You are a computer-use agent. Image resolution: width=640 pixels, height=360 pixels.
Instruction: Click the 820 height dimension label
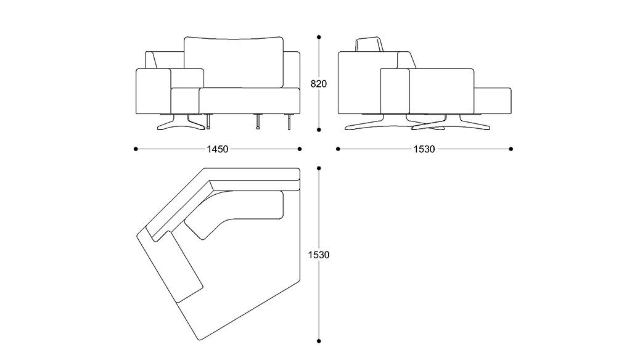[x=318, y=84]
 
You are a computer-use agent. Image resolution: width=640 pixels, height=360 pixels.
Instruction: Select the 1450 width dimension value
[x=218, y=149]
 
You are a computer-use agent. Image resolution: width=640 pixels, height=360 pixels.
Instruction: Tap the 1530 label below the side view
[x=424, y=149]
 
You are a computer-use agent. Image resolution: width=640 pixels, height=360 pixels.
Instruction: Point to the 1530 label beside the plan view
[x=318, y=254]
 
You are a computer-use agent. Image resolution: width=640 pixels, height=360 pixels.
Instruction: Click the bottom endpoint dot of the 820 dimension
[x=319, y=130]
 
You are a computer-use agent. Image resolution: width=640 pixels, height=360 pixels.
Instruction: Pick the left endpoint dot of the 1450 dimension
[x=136, y=149]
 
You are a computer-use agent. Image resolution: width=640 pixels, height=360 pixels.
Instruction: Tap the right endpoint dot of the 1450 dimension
[x=300, y=149]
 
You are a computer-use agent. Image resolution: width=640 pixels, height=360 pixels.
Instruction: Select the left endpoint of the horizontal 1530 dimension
[x=338, y=149]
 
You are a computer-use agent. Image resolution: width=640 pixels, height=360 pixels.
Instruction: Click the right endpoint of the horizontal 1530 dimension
[x=511, y=149]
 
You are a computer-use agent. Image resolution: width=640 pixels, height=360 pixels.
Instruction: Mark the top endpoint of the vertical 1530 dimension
[x=319, y=168]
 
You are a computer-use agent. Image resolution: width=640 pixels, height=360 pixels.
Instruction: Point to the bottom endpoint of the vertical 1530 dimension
[x=319, y=340]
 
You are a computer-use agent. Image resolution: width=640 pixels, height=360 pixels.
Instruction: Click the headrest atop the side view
[x=370, y=46]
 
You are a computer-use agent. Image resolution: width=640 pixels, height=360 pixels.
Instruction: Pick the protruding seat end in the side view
[x=493, y=100]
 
